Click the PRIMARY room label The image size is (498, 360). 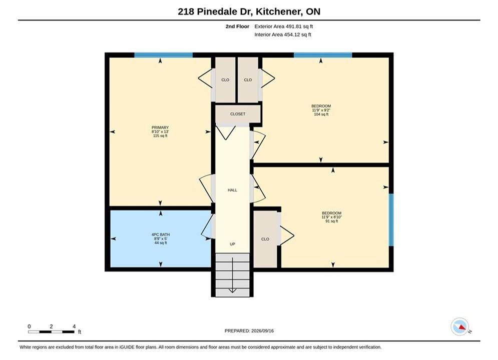(160, 127)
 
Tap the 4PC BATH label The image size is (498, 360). (161, 234)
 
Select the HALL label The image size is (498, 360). (233, 190)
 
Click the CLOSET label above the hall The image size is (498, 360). (238, 114)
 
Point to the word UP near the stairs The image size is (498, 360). (233, 244)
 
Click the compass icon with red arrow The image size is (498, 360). (459, 326)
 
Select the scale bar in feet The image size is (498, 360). (51, 332)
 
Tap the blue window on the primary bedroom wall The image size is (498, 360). (164, 55)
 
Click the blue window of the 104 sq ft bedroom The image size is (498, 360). (323, 55)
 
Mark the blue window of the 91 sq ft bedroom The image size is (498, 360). (391, 220)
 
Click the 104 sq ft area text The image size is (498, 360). (321, 114)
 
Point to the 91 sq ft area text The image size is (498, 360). (331, 221)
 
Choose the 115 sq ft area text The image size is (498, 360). (160, 136)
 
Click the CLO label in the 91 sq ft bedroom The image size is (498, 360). (265, 239)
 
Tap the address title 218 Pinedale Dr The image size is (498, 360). (215, 11)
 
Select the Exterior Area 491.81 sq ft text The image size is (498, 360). (284, 26)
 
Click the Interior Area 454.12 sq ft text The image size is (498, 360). (283, 34)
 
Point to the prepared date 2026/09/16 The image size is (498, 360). (262, 331)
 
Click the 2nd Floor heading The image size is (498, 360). (237, 26)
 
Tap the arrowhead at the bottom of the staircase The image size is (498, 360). (233, 290)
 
